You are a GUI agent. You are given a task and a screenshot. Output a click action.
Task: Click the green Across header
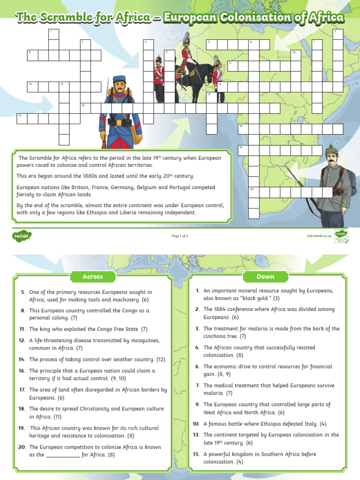[92, 277]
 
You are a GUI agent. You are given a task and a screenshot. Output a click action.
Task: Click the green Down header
[265, 277]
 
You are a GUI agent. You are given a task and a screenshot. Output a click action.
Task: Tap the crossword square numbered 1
[53, 34]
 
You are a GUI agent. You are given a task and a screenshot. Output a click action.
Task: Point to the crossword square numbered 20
[254, 192]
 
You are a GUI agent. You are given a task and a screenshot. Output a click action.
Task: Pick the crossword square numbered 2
[338, 34]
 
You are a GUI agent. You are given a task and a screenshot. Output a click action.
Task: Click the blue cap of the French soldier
[120, 79]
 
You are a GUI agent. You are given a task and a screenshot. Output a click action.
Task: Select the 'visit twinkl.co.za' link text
[319, 236]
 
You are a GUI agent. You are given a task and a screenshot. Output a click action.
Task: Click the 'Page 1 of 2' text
[180, 236]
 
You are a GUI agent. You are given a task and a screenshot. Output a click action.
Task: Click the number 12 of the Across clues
[22, 340]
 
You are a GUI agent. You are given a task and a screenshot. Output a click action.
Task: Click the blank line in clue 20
[63, 455]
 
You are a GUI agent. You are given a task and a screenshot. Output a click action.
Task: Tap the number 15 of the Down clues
[196, 454]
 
